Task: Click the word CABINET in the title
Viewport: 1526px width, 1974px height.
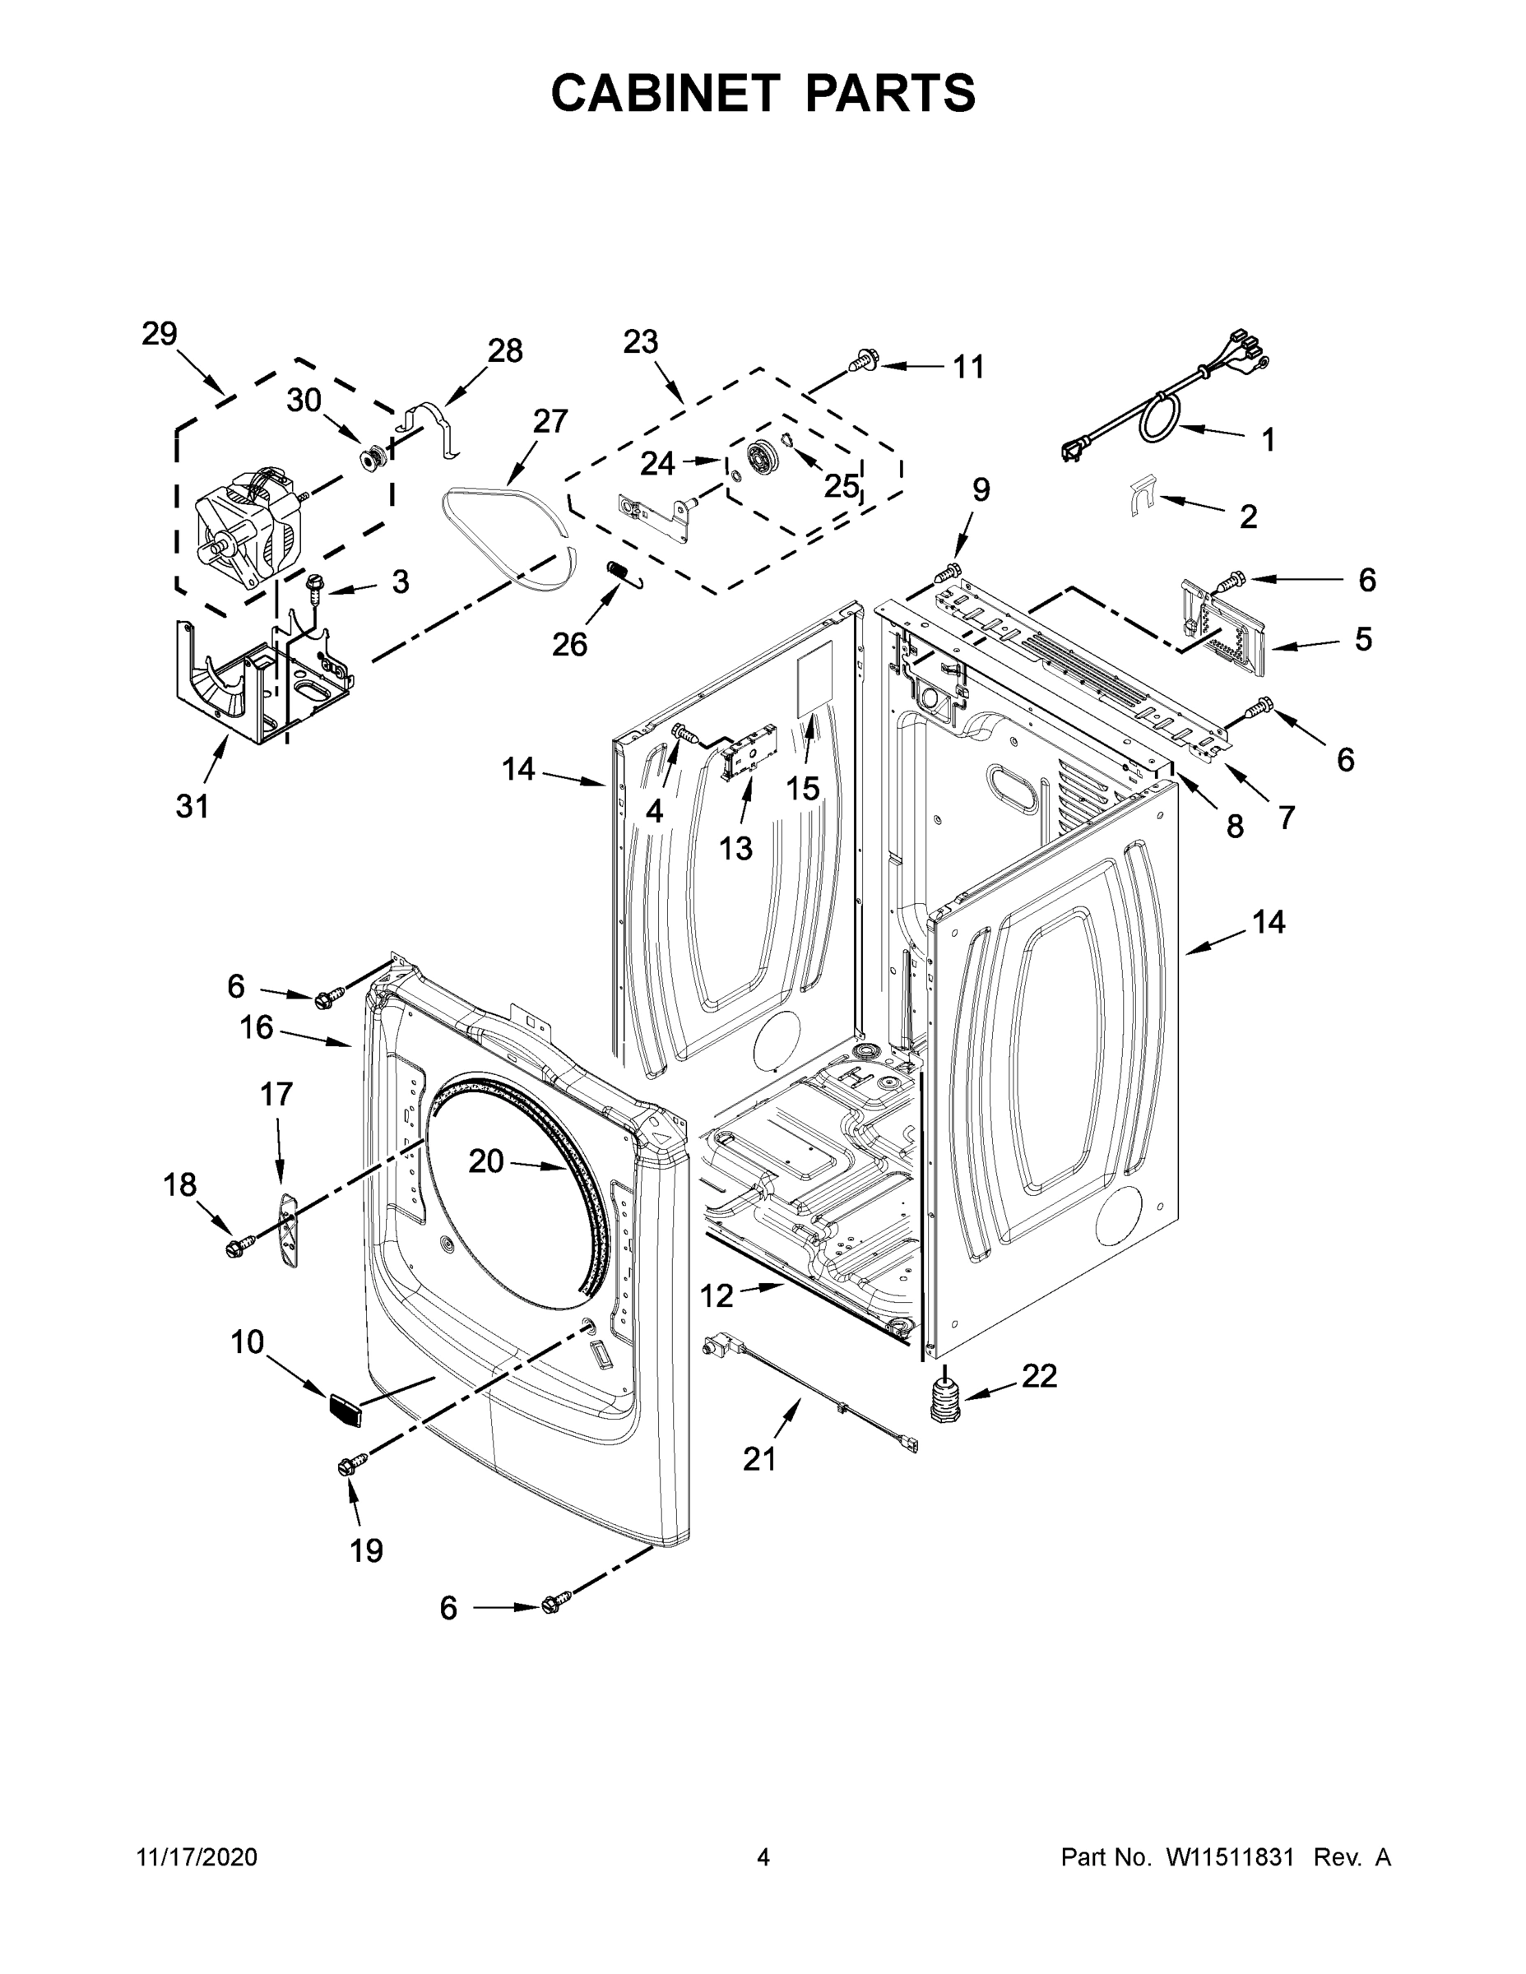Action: point(666,92)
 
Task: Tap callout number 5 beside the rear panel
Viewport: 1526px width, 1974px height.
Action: point(1363,639)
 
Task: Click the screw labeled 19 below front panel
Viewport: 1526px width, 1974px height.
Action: point(350,1463)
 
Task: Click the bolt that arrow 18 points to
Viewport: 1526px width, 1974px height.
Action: point(236,1249)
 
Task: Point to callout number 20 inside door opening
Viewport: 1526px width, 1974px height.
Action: point(485,1161)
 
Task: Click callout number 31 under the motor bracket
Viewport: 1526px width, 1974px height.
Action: point(192,804)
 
